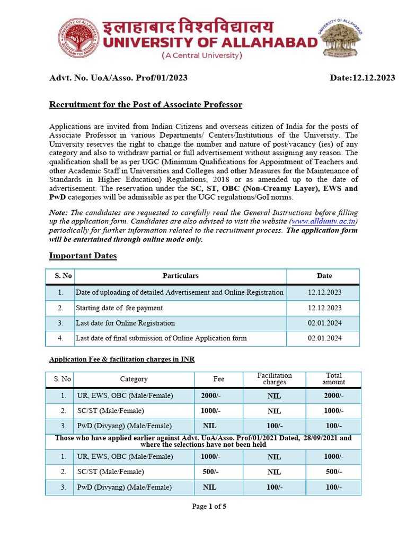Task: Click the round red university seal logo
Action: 78,38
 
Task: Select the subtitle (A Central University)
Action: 201,55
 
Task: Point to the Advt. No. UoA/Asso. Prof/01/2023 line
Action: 118,78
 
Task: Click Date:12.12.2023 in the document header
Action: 362,78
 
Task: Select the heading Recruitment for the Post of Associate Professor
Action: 146,104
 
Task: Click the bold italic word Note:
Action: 59,212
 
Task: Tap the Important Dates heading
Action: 83,256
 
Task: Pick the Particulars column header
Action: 180,276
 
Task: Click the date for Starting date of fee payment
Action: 324,308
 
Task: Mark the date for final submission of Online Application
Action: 324,338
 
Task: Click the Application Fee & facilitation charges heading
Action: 122,359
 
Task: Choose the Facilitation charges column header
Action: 274,378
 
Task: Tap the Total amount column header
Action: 334,378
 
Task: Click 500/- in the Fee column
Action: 210,472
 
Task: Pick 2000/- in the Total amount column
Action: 334,395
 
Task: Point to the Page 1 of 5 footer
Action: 209,507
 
